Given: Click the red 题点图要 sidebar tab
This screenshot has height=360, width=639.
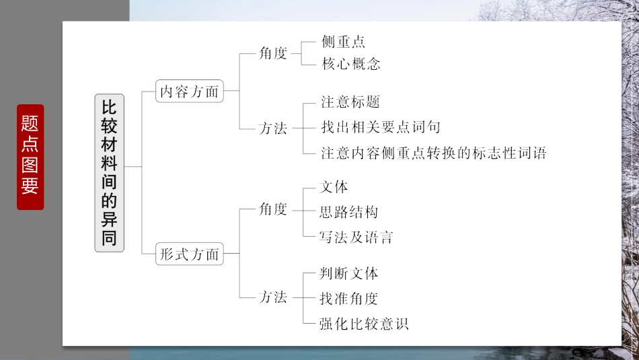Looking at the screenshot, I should pos(30,157).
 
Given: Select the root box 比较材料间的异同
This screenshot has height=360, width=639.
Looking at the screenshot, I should pos(109,172).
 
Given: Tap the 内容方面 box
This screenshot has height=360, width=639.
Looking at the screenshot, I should pos(189,92).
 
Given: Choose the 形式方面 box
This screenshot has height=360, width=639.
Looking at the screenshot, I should pos(189,254).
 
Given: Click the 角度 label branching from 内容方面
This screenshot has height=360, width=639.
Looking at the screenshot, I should pos(273,54).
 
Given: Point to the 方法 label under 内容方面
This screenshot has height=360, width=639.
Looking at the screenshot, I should pos(273,129).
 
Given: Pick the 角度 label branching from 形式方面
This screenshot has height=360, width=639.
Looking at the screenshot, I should pos(273,209).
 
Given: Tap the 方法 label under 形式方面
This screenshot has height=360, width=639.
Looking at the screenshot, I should pos(273,297).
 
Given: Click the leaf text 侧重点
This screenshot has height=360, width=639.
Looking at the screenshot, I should pos(343,42).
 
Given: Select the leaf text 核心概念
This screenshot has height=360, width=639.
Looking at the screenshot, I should pos(351,65).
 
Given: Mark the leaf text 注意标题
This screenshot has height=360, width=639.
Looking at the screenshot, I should pos(350,102).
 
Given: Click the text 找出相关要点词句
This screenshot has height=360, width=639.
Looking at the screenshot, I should pos(381,127).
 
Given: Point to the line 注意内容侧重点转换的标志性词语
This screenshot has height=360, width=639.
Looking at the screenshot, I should pos(434,153).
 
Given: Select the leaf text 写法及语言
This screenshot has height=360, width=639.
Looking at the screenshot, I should pos(356,237).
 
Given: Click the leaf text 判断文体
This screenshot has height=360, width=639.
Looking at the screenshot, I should pos(350,273).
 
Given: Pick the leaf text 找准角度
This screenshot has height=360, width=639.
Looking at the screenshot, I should pos(350,298).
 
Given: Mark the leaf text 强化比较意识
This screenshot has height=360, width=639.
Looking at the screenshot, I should pos(365,324).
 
